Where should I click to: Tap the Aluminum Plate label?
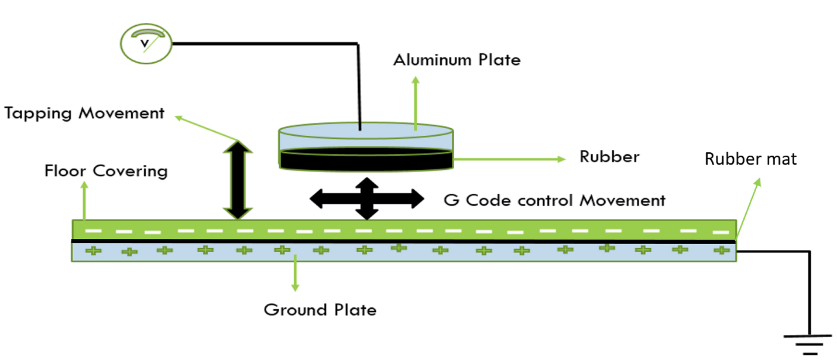[x=457, y=60]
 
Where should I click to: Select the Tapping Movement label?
[x=85, y=113]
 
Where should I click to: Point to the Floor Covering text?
[x=106, y=172]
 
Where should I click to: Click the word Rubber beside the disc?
[x=609, y=157]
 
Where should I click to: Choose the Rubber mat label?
[x=750, y=159]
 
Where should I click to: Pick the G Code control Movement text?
[x=554, y=200]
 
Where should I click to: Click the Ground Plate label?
[x=320, y=309]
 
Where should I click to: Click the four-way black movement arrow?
[x=366, y=199]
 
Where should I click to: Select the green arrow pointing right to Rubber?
[x=509, y=158]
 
